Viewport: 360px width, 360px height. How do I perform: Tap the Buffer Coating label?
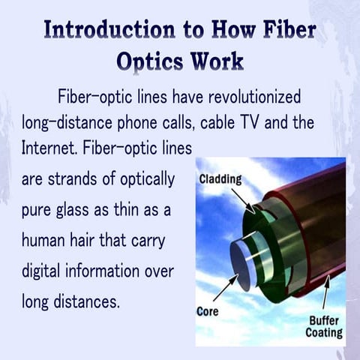pos(324,325)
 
